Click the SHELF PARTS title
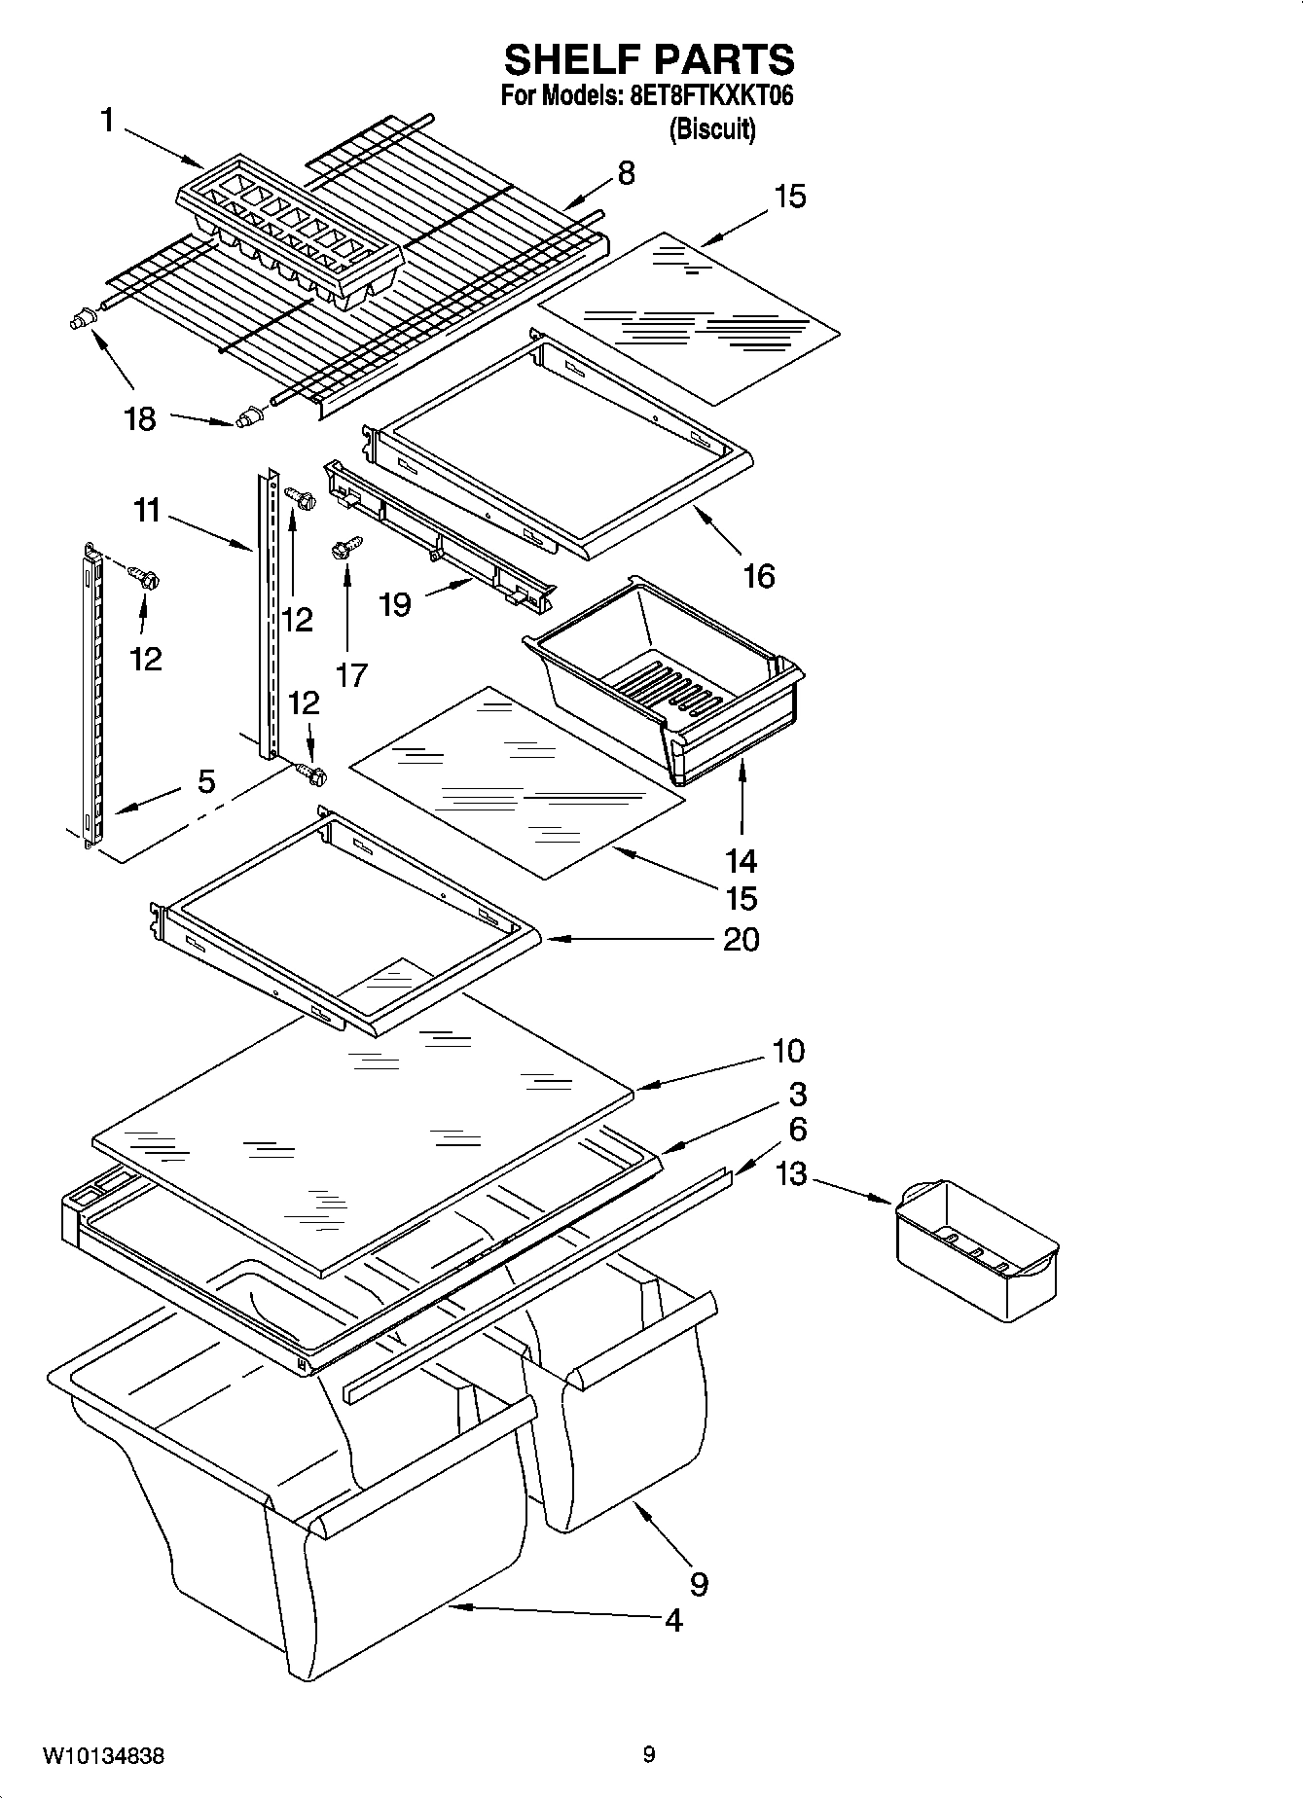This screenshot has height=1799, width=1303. tap(649, 60)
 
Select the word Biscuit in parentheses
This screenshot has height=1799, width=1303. tap(712, 129)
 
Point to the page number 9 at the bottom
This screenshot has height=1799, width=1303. tap(649, 1755)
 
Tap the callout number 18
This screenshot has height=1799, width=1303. tap(140, 419)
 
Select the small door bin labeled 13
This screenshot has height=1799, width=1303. tap(975, 1250)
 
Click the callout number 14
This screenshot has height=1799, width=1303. tap(741, 861)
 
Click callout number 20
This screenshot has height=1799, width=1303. tap(741, 940)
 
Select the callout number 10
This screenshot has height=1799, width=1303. tap(788, 1051)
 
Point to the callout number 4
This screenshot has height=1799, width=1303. tap(673, 1620)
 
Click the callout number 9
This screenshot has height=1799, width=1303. tap(699, 1585)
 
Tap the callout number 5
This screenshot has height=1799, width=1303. tap(206, 781)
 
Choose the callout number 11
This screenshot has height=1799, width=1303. tap(147, 510)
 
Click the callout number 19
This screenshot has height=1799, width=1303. tap(395, 605)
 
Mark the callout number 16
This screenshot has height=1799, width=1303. tap(758, 576)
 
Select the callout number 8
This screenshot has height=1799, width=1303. tap(626, 173)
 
